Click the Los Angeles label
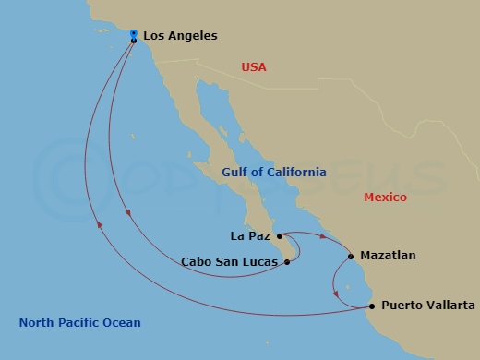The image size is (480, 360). click(180, 37)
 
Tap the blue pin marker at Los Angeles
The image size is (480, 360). click(134, 32)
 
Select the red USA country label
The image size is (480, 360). click(253, 67)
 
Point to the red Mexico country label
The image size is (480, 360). click(386, 198)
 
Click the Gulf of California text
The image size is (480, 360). click(274, 173)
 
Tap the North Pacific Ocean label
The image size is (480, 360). click(80, 322)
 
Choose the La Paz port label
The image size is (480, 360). click(250, 236)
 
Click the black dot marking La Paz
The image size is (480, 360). click(280, 236)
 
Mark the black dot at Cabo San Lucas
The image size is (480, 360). click(287, 261)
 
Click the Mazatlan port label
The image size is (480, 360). click(388, 255)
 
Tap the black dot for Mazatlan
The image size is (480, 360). click(351, 256)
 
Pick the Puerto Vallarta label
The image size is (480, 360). click(428, 306)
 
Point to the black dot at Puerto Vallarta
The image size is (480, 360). click(372, 306)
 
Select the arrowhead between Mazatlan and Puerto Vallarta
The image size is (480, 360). click(337, 295)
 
